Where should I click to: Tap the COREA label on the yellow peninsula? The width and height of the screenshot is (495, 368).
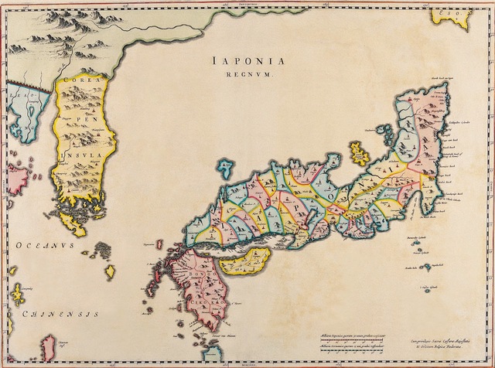(x=77, y=79)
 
